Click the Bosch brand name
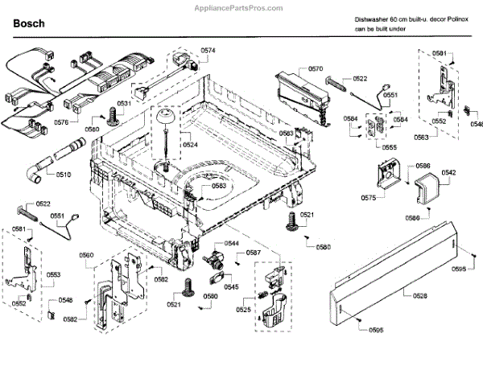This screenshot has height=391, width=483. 28,24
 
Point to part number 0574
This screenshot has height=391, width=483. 208,51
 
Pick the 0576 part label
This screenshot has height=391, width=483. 61,121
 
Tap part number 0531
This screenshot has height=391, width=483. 124,105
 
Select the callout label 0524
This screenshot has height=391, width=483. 190,145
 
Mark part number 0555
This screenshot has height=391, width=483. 389,148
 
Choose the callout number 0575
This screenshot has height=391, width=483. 368,197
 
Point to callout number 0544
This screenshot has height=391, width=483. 232,243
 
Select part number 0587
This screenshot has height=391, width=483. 254,253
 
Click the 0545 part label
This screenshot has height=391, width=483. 231,287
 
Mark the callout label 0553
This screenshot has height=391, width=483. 53,275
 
